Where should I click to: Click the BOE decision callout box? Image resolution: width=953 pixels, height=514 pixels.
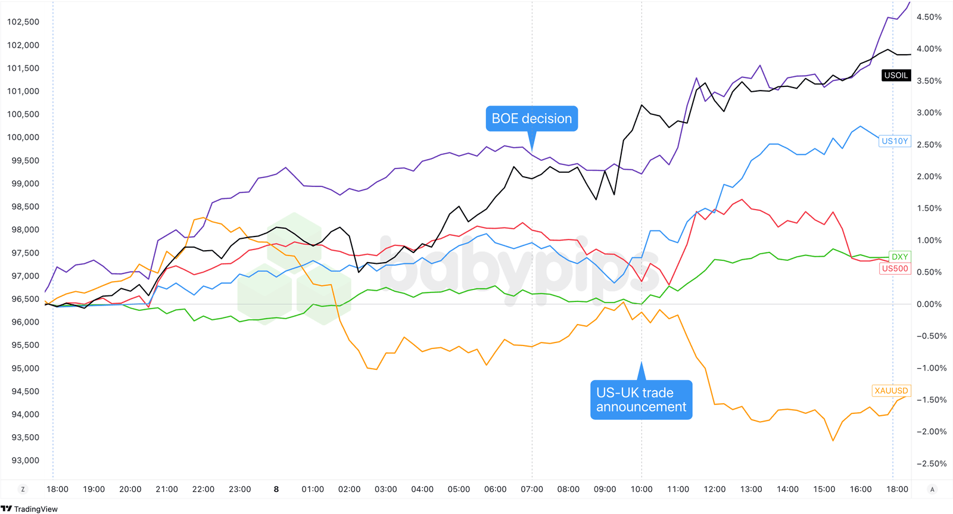[x=531, y=119]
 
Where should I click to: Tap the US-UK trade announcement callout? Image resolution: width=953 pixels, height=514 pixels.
[x=641, y=400]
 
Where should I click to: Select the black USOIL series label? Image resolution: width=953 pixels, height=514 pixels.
[x=896, y=75]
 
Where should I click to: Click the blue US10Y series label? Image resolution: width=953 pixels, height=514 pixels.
[x=895, y=141]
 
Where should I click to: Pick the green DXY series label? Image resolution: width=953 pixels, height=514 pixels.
[x=899, y=257]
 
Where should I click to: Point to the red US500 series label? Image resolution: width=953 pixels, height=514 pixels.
[x=895, y=269]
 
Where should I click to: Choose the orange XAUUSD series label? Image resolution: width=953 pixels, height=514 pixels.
[x=891, y=391]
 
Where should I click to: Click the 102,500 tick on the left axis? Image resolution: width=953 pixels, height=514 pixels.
[x=23, y=22]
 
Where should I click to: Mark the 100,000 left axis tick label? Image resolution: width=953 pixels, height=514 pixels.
[x=23, y=137]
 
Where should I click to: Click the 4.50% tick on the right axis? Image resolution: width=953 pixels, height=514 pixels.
[x=929, y=17]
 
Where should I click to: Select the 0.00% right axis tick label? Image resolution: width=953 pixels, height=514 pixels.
[x=929, y=304]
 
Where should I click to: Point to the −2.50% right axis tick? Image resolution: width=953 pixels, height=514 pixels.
[x=931, y=463]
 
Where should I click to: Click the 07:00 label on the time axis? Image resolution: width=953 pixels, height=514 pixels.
[x=532, y=489]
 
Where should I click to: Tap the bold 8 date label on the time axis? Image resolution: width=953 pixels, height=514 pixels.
[x=276, y=489]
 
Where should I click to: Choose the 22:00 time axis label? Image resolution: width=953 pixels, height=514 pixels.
[x=203, y=489]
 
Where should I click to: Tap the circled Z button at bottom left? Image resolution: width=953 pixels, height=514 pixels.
[x=23, y=489]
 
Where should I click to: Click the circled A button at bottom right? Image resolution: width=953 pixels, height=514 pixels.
[x=932, y=489]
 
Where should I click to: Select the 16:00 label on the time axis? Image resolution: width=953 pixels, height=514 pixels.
[x=861, y=489]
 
